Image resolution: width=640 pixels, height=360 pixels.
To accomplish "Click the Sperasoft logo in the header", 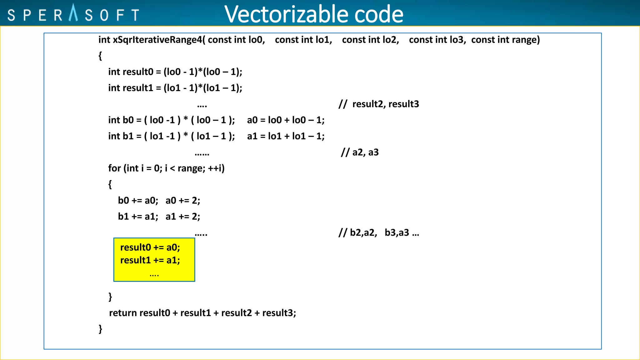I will tap(73, 14).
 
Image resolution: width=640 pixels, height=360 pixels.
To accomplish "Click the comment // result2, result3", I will tap(379, 104).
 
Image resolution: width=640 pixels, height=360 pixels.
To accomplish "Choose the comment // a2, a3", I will tap(360, 152).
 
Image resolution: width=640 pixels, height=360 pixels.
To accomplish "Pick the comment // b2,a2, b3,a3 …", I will tap(379, 232).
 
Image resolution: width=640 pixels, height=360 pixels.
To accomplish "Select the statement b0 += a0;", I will tap(138, 200).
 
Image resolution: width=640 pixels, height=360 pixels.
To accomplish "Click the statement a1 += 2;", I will tap(183, 216).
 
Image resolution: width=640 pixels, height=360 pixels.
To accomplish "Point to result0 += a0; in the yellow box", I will tap(150, 247).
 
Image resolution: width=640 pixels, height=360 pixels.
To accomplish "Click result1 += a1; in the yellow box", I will tap(150, 260).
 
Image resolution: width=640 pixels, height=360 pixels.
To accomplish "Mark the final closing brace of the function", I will tap(100, 328).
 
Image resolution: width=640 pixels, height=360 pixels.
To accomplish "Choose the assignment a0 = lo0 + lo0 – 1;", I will tap(286, 120).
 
